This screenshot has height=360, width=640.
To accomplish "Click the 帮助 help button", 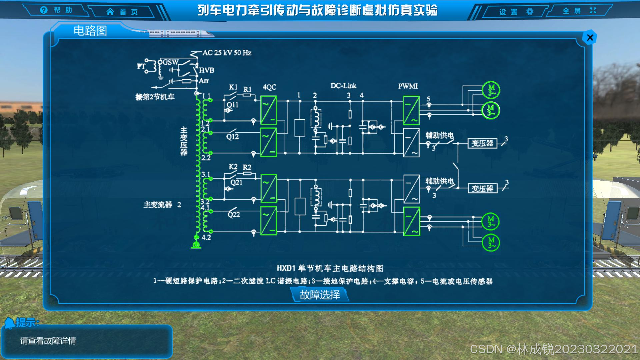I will (x=56, y=10).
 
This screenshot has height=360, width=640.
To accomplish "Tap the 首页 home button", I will (x=122, y=12).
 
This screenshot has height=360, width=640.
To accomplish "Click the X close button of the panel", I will (x=590, y=38).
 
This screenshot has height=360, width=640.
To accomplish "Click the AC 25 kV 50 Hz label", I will (x=227, y=53).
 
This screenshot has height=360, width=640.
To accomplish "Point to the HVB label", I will (x=207, y=70).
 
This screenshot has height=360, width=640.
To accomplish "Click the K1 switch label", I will (x=233, y=87).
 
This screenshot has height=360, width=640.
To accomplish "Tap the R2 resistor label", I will (x=247, y=167).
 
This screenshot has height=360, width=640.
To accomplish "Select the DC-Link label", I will (x=343, y=86).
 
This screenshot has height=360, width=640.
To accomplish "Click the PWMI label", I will (x=408, y=86).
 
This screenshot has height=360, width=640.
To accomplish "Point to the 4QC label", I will (x=269, y=87).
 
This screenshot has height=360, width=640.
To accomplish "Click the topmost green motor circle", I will (x=491, y=90).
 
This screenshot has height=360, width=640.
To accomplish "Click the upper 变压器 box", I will (x=482, y=143).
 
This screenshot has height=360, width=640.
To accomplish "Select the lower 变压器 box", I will (x=482, y=188).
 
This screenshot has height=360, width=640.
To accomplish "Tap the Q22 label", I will (x=234, y=214).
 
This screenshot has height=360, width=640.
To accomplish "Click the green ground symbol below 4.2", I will (x=196, y=245).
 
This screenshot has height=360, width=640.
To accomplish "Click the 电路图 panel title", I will (x=90, y=31).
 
